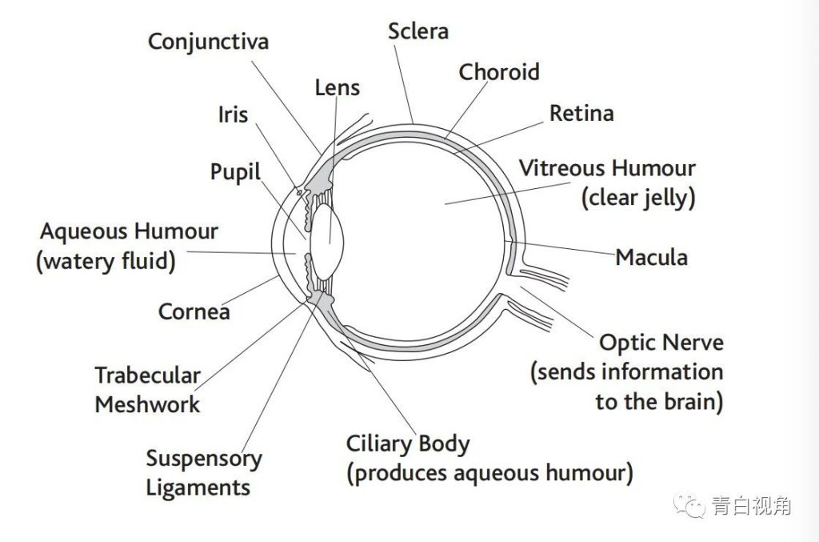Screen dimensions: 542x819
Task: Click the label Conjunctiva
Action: tap(209, 41)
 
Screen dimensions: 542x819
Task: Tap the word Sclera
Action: tap(417, 31)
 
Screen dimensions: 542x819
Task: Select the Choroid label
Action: tap(499, 72)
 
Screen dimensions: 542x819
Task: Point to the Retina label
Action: tap(581, 114)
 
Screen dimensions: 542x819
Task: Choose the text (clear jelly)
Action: tap(637, 198)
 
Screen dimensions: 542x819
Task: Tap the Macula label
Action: tap(651, 257)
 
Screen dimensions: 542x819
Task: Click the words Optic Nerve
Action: tap(661, 343)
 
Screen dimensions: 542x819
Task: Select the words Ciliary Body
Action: tap(408, 444)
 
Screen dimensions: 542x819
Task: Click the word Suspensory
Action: tap(204, 459)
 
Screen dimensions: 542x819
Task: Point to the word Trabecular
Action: tap(148, 375)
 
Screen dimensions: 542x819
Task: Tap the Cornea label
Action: tap(194, 311)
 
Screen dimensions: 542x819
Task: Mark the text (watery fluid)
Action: tap(106, 261)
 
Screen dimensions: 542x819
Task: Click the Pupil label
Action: tap(235, 172)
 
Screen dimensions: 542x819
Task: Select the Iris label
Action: tap(233, 114)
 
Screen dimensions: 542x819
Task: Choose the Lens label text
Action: tap(337, 87)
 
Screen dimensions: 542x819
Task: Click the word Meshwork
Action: tap(147, 404)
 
